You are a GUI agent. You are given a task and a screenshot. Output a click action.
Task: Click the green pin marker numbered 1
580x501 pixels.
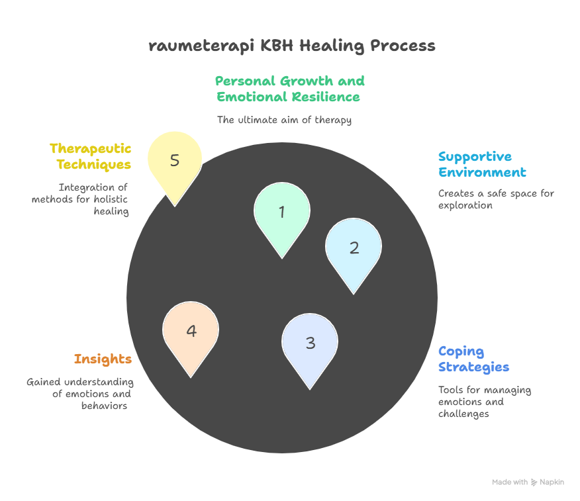point(281,213)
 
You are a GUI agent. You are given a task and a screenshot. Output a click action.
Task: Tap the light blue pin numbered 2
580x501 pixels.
point(354,248)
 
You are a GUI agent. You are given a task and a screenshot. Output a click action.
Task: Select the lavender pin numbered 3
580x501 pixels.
point(310,343)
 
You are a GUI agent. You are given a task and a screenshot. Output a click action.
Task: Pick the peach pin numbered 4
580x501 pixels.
point(191,331)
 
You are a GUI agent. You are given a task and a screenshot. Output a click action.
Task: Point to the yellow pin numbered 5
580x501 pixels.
point(175,161)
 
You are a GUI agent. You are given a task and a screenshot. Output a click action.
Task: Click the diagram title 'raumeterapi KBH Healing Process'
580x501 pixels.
point(291,46)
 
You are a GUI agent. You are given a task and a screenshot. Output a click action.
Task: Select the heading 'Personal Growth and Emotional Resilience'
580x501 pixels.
point(289,89)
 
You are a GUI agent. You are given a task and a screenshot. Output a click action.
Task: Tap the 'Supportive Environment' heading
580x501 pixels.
point(482,165)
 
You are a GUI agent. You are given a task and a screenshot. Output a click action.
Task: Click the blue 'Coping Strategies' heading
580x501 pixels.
point(473,359)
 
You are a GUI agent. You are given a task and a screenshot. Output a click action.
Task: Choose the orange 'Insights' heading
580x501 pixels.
point(103,359)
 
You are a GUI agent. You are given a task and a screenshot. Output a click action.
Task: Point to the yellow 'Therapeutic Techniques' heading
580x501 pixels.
point(91,156)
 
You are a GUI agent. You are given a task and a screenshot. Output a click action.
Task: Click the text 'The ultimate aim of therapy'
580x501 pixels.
point(284,120)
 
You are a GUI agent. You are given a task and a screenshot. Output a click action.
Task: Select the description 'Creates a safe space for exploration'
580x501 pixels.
point(496,199)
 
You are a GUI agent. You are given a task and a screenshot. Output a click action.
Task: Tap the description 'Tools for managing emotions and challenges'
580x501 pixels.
point(484,402)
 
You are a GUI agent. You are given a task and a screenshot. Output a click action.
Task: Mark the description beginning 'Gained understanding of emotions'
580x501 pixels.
point(79,394)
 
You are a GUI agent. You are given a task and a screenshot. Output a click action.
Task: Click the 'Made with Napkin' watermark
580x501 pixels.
point(528,482)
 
